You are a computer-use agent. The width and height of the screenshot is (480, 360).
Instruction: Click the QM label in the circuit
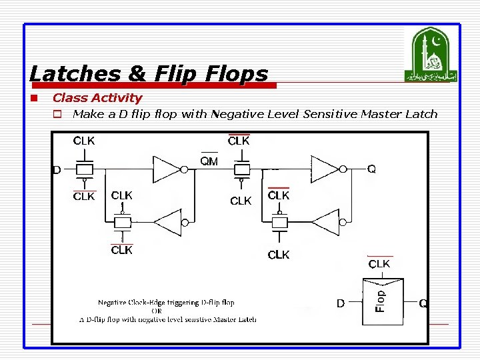209,161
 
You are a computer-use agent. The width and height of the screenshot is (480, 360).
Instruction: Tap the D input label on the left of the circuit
57,170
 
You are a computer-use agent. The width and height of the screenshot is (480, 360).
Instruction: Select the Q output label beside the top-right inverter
371,169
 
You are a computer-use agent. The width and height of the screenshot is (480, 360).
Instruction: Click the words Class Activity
97,98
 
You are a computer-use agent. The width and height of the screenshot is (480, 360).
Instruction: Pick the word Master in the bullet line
381,114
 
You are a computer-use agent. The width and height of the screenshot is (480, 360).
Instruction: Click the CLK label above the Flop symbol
379,264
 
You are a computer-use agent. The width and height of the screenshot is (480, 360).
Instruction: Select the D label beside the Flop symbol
341,304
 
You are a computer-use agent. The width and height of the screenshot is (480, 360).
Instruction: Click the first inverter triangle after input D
166,169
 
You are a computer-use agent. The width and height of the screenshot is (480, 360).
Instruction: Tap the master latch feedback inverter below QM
167,222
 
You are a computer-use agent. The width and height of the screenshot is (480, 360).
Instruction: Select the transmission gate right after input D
84,169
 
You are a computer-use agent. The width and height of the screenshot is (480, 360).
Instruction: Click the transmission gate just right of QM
240,169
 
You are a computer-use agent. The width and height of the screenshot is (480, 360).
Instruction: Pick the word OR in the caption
157,311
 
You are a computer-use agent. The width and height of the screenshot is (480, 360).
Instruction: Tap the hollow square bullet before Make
58,114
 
